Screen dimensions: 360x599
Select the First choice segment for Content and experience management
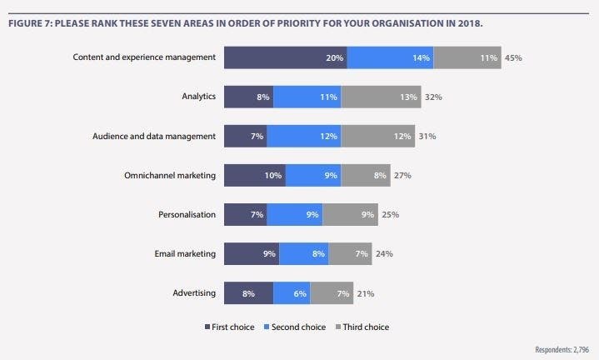[285, 57]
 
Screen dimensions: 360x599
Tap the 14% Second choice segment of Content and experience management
[390, 57]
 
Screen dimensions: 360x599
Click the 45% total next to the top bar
[513, 57]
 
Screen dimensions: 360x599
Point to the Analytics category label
[199, 97]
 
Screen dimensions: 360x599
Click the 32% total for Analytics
[433, 97]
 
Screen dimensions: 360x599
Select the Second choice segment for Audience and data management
[304, 136]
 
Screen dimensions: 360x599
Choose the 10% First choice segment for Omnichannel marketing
[255, 175]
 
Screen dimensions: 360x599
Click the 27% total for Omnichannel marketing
[402, 175]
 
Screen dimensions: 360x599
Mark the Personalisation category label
[187, 214]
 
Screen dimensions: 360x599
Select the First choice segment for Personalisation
[245, 214]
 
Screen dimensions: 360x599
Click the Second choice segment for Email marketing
[303, 253]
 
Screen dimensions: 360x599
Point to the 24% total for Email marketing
[384, 253]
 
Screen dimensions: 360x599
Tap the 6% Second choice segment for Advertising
[292, 292]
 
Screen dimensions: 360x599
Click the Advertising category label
[193, 292]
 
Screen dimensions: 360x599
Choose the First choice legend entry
[232, 327]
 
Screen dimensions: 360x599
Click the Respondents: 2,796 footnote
[562, 350]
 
